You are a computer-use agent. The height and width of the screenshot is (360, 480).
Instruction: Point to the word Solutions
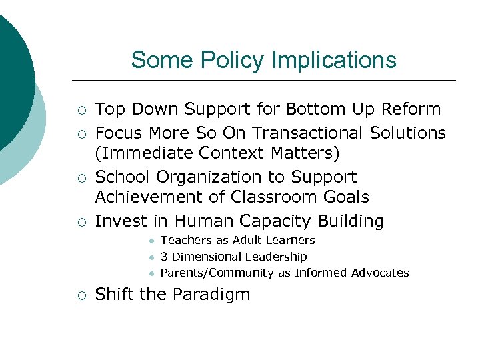point(406,133)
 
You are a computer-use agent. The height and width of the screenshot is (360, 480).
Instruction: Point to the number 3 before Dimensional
point(165,257)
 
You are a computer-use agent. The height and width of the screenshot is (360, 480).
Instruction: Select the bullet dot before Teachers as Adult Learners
point(152,241)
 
